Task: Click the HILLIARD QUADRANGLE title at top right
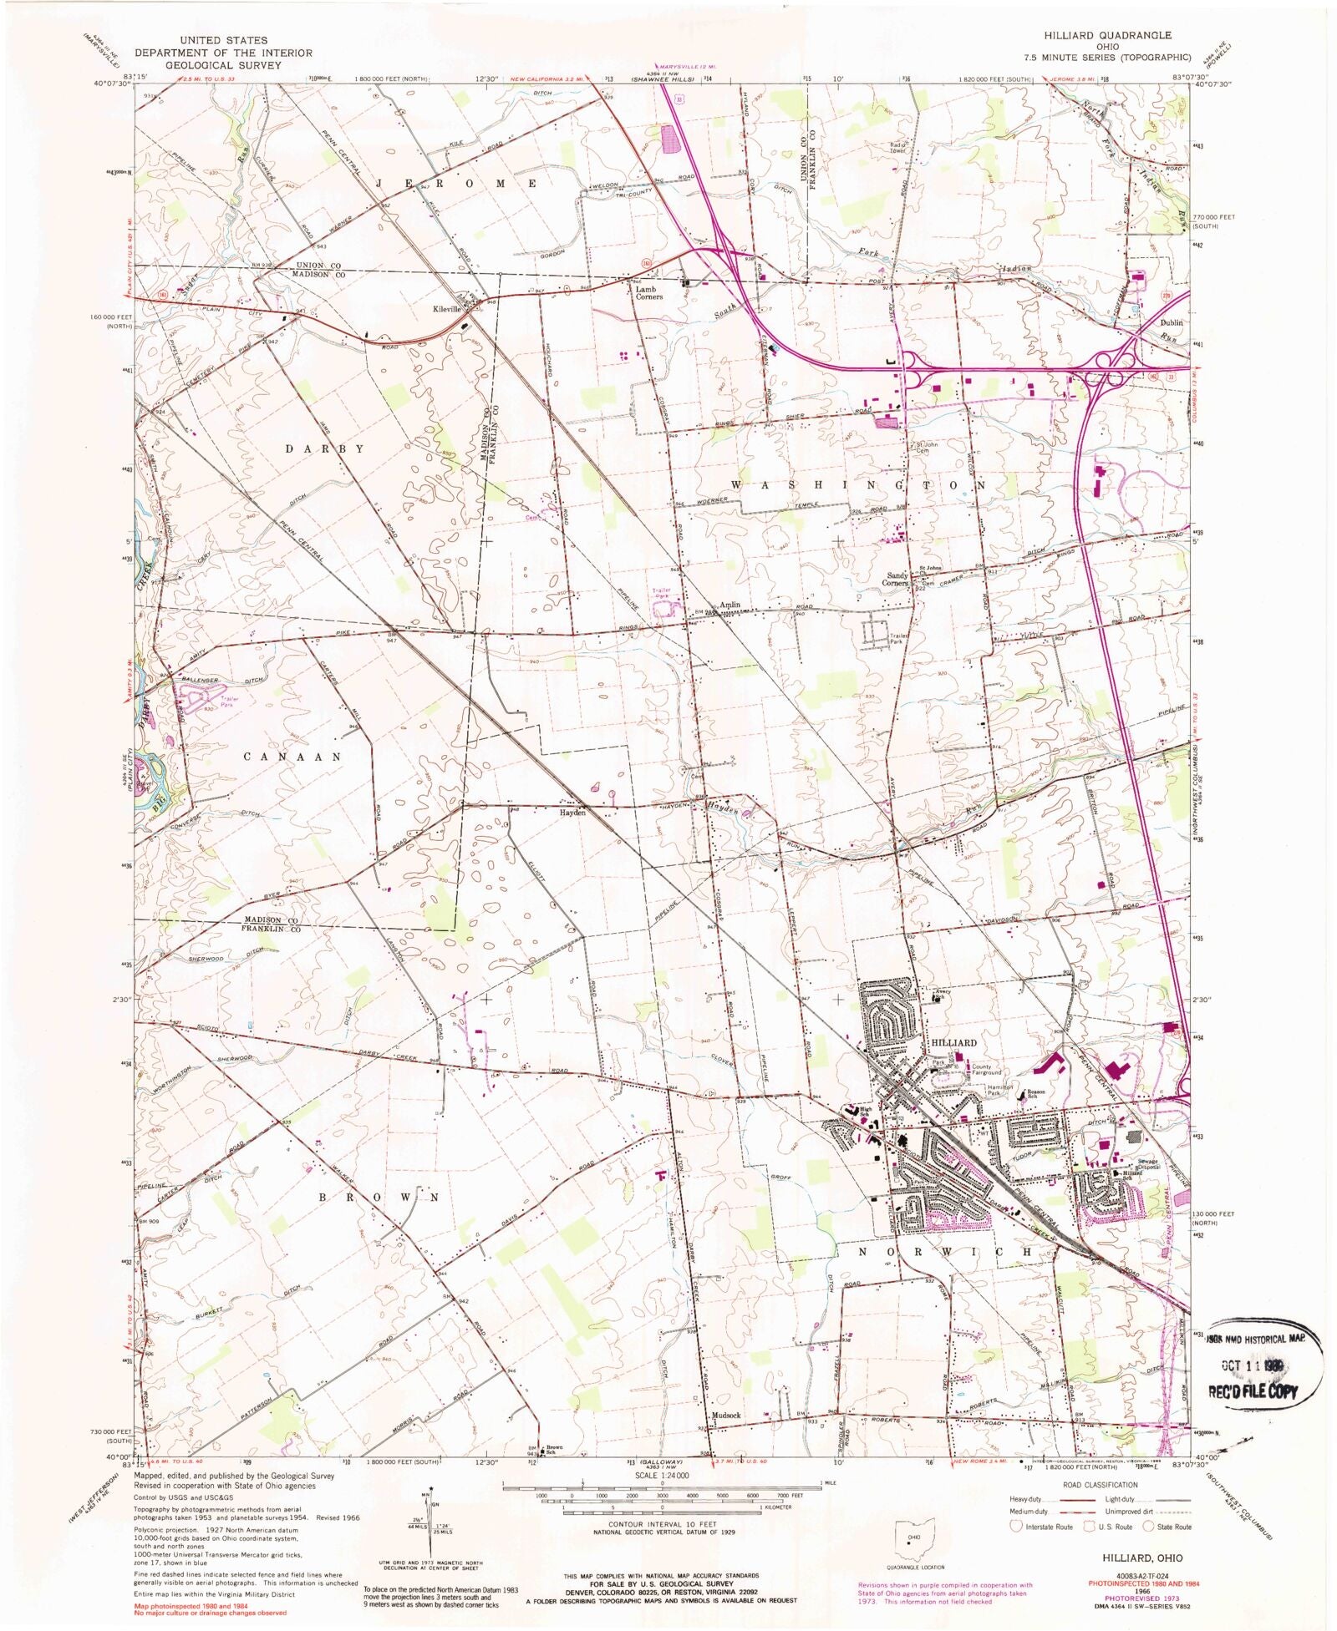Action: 1106,35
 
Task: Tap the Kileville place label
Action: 447,309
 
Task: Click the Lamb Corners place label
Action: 648,293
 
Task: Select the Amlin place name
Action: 730,605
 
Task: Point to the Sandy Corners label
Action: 897,579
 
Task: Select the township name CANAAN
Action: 292,757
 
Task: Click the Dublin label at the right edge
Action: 1171,322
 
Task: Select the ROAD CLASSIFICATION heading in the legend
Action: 1100,1485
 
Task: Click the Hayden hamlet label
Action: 572,812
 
